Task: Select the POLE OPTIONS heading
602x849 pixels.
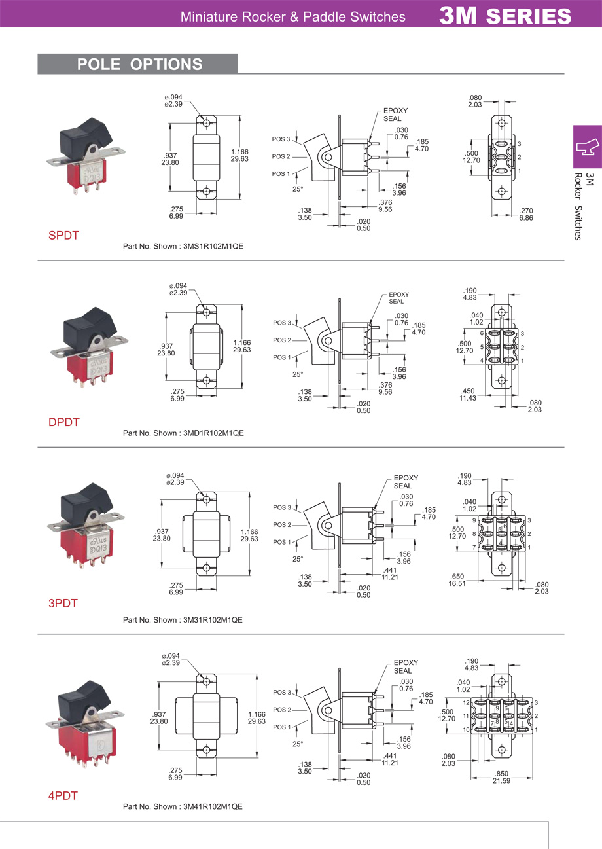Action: (139, 64)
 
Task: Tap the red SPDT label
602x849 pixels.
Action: (63, 235)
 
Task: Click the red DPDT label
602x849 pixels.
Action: (64, 422)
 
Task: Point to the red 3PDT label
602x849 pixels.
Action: (63, 603)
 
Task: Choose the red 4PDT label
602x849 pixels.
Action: (63, 796)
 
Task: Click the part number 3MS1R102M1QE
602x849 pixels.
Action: (216, 247)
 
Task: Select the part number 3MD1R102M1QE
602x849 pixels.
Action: (216, 433)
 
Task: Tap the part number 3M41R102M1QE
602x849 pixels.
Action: (215, 806)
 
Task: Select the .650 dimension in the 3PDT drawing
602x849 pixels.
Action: (457, 577)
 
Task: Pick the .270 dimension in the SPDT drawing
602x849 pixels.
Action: (526, 211)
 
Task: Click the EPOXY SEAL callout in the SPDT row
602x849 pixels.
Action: (395, 115)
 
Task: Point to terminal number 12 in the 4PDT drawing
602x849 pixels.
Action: (466, 702)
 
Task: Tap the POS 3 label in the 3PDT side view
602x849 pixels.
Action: (281, 507)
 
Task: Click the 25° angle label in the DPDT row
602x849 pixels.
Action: (298, 374)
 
